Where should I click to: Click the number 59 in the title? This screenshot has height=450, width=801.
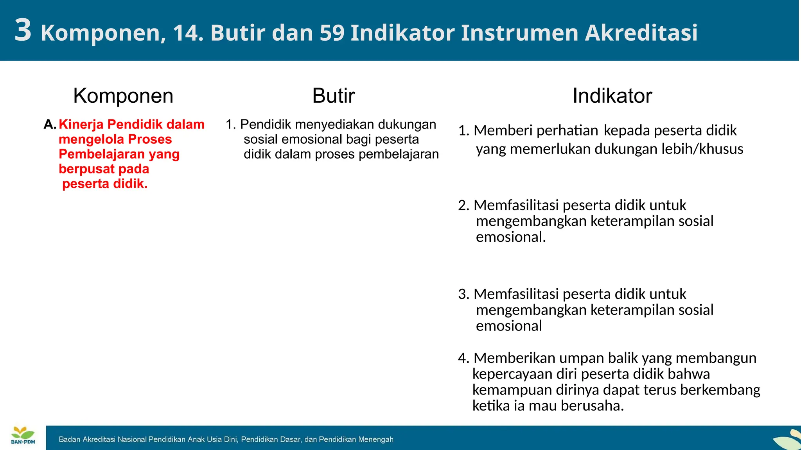point(332,33)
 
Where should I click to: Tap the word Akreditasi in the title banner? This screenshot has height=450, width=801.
point(641,33)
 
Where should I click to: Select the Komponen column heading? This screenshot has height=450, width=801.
point(123,96)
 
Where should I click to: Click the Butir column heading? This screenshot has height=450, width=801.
point(333,96)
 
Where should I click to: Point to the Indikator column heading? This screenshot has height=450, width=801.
point(612,96)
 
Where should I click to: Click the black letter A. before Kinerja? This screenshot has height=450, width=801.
point(50,125)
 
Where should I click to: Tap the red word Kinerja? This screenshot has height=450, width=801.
point(81,125)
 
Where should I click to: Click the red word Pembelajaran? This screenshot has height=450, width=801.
point(102,154)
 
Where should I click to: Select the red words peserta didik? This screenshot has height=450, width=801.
point(105,184)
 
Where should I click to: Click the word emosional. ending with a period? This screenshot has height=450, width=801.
point(510,237)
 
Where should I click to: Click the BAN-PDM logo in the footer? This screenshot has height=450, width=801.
point(23,436)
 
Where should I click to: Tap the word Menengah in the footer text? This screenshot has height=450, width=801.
point(375,439)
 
